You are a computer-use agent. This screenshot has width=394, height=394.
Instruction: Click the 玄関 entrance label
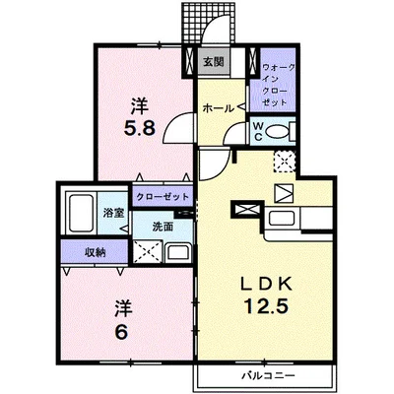[213, 62]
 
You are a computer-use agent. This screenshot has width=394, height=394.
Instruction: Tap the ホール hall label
[219, 107]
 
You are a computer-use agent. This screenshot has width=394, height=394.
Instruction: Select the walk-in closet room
[273, 80]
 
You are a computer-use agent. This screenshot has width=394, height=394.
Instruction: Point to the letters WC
[258, 132]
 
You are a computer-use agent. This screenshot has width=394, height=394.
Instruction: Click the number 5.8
[139, 129]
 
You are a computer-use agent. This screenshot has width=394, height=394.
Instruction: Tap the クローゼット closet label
[163, 197]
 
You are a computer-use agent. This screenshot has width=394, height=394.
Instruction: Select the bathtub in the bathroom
[81, 213]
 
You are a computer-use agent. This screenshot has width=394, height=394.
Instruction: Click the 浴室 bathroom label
[113, 214]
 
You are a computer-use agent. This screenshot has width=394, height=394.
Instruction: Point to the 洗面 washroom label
[163, 227]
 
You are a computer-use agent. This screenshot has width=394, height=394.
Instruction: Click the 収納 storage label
[96, 252]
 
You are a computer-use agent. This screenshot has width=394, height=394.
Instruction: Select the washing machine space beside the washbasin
[148, 252]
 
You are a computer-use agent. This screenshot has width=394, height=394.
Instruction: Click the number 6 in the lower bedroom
[121, 334]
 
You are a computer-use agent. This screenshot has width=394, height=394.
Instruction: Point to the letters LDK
[266, 285]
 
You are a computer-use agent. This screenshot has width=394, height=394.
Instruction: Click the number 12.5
[266, 307]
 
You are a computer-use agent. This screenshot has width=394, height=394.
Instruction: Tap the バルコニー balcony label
[268, 375]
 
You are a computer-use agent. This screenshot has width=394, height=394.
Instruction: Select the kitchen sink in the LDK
[282, 219]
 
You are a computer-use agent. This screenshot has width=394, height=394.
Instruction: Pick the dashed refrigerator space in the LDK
[285, 162]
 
